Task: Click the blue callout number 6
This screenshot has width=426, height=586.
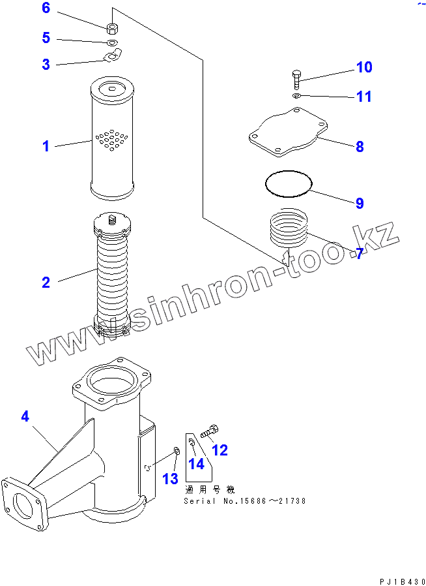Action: click(x=46, y=8)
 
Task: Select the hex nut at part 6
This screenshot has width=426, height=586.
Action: click(x=112, y=28)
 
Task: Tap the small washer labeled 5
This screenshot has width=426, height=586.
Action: click(x=113, y=42)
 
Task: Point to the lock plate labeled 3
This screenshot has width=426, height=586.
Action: click(x=113, y=55)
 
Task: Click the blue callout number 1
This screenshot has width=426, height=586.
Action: click(x=46, y=146)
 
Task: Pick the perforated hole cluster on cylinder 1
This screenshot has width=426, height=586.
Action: click(x=112, y=140)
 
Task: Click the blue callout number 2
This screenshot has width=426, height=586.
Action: click(x=46, y=282)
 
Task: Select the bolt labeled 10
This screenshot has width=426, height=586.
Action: click(x=296, y=79)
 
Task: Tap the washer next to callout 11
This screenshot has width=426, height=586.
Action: click(x=296, y=97)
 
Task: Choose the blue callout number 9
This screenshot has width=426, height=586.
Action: click(x=359, y=203)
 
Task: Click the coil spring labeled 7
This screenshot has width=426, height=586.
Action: click(x=288, y=228)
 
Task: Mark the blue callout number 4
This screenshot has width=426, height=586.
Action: click(x=25, y=416)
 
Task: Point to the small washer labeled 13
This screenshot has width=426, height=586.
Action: click(x=177, y=451)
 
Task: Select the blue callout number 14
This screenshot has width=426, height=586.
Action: click(x=196, y=464)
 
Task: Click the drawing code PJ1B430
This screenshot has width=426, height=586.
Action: click(x=402, y=582)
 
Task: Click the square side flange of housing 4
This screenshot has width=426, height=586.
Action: click(x=24, y=502)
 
